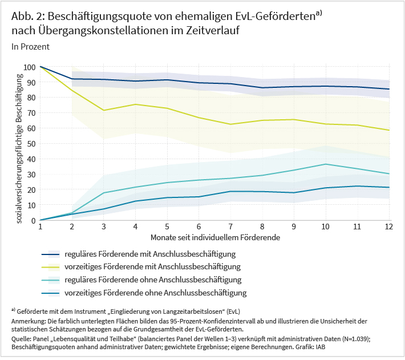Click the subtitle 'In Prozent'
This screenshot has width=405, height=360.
[x=30, y=47]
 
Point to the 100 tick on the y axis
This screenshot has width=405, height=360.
[x=29, y=67]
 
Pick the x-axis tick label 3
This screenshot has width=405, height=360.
[x=104, y=227]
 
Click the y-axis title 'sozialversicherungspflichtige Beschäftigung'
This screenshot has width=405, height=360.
[x=19, y=143]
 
